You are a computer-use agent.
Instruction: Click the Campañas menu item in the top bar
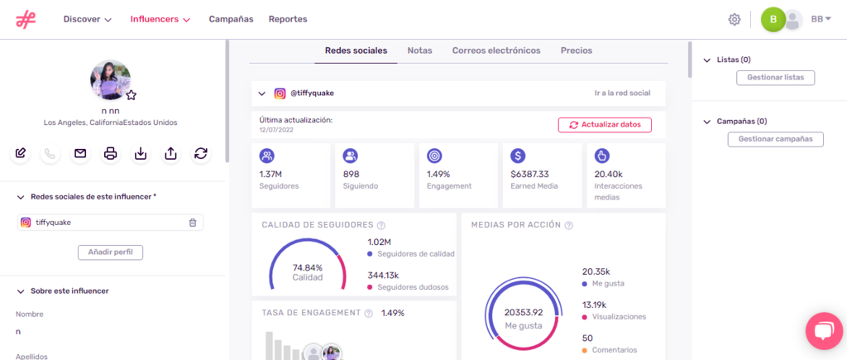point(231,19)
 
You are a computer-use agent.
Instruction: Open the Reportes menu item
point(287,19)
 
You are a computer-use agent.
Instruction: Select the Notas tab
point(419,50)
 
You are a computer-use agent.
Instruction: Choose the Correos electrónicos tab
point(496,50)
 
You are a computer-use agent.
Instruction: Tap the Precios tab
point(576,50)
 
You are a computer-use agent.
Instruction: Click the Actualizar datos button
point(605,125)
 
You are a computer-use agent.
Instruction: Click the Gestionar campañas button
point(775,139)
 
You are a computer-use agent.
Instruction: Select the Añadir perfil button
point(110,252)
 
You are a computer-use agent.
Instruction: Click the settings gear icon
point(734,19)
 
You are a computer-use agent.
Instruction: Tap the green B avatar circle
point(773,19)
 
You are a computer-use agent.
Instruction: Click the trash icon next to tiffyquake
point(193,223)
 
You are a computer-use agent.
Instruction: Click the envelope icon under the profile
point(80,153)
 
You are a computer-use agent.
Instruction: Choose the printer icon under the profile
point(110,153)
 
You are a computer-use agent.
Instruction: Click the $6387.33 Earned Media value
point(529,174)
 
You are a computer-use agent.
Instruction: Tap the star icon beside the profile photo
point(131,95)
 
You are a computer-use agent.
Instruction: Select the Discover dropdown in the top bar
point(87,19)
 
